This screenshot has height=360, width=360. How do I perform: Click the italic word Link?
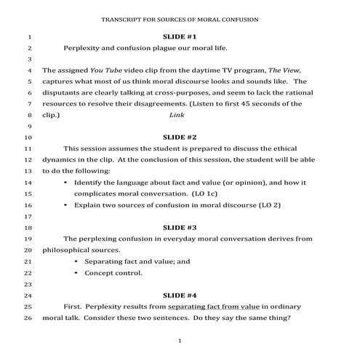(x=177, y=115)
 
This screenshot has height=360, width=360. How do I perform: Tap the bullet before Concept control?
(x=76, y=273)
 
